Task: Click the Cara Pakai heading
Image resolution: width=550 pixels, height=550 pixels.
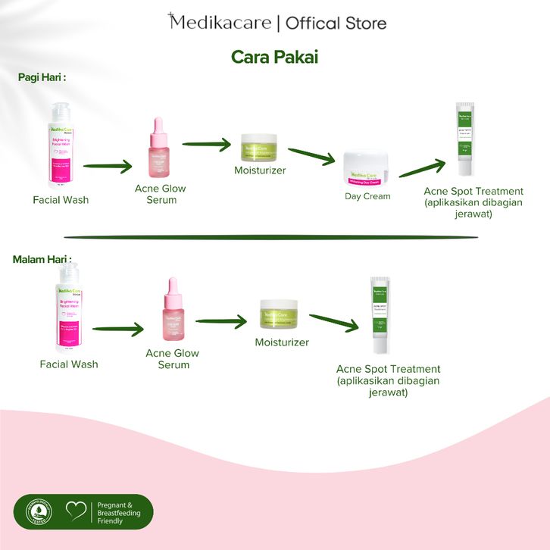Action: pos(274,58)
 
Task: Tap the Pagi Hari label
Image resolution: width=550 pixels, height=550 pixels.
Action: pos(42,77)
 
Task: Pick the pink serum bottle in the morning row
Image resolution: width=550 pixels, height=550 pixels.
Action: pos(161,148)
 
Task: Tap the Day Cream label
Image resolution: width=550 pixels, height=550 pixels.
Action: pos(367,196)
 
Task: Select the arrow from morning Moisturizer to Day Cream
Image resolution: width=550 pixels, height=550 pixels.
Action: pos(311,156)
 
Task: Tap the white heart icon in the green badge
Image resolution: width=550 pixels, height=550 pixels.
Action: pos(75,512)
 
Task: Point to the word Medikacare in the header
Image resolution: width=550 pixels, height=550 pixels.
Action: pos(220,23)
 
